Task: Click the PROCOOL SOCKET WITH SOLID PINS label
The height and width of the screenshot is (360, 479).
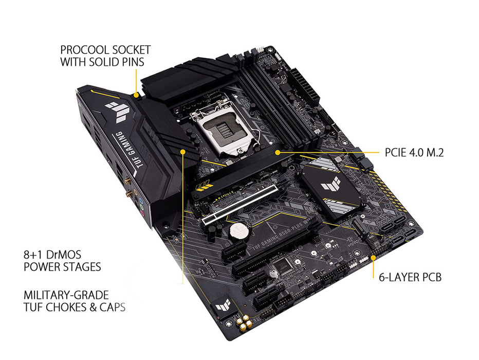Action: (x=105, y=56)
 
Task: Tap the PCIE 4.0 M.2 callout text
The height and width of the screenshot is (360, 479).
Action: (x=414, y=153)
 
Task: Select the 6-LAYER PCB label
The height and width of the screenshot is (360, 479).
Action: (x=410, y=278)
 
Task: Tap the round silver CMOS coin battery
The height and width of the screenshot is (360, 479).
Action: (x=237, y=230)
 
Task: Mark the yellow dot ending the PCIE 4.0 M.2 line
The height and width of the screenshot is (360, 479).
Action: (x=278, y=152)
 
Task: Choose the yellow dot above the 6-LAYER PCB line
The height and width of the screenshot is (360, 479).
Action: (x=373, y=255)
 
